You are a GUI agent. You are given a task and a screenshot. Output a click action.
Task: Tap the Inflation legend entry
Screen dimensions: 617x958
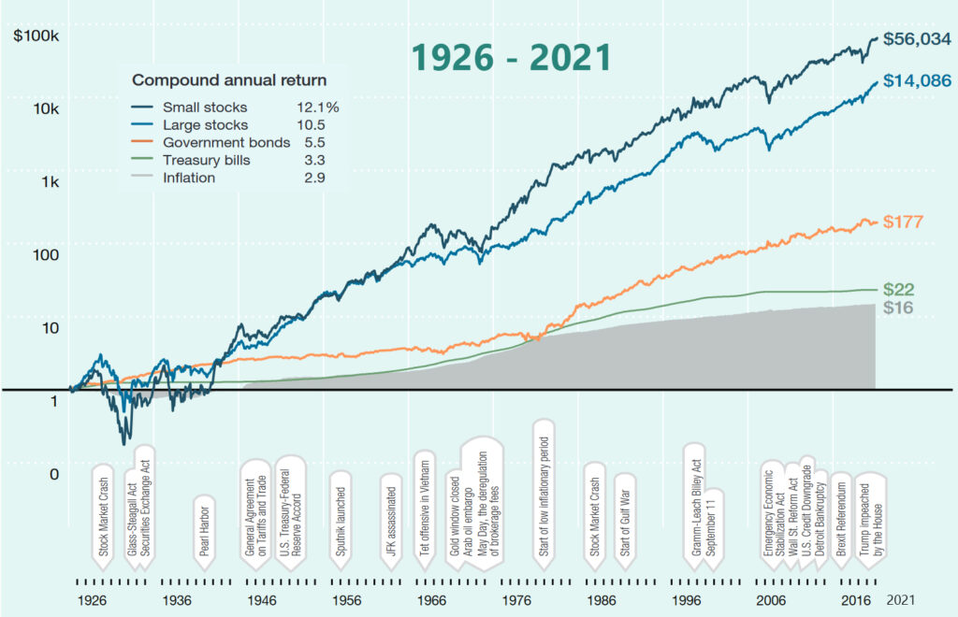[x=188, y=179]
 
